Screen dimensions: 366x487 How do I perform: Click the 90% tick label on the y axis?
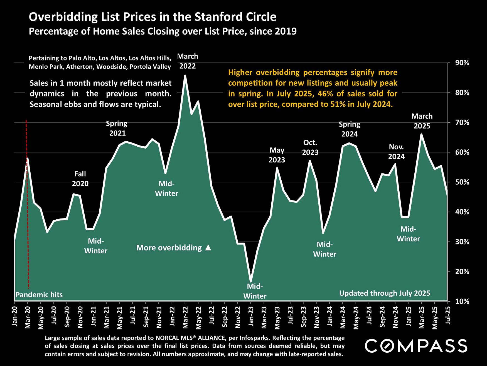pos(462,63)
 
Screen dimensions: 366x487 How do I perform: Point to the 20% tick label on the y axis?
pos(462,272)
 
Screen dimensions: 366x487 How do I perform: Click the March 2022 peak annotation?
pos(188,61)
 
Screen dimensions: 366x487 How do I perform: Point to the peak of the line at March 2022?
pos(185,76)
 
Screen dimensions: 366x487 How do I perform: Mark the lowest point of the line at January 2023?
pos(251,282)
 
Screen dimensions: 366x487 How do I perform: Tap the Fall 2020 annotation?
pos(80,179)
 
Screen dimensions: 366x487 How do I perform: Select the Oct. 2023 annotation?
pos(310,147)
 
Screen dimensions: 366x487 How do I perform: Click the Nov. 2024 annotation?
pos(396,152)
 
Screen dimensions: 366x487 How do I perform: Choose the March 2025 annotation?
pos(422,121)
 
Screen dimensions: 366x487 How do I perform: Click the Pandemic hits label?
pos(39,295)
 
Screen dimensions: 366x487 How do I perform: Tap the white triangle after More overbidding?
pos(208,248)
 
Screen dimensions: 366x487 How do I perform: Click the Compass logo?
pos(416,346)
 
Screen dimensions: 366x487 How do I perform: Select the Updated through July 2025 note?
pos(385,293)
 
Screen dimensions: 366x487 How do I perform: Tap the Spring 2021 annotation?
pos(117,128)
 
